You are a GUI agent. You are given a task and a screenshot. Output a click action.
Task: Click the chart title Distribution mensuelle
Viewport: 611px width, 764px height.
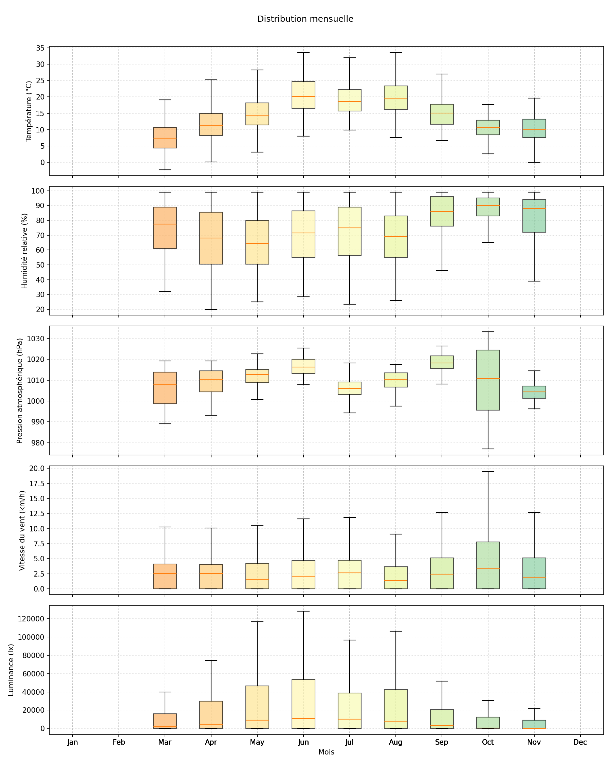[305, 19]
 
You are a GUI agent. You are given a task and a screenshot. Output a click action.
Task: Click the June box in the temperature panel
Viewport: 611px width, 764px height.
[303, 95]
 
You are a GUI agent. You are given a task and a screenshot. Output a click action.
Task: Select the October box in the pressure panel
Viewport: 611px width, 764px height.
[488, 380]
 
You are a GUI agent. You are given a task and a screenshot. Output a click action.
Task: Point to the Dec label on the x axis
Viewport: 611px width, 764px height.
[580, 742]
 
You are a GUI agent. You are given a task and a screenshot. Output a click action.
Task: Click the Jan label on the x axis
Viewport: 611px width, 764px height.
[73, 742]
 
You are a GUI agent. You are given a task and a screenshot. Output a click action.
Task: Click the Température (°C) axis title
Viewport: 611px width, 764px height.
[29, 111]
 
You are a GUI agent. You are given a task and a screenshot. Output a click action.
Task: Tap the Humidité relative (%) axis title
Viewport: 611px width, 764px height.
[24, 251]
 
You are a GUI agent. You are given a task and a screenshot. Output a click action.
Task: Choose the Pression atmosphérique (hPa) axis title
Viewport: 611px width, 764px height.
[20, 390]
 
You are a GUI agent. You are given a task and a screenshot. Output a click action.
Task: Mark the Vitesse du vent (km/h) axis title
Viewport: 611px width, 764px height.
[22, 530]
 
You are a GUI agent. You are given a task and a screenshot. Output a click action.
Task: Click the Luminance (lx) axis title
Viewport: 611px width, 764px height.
[11, 670]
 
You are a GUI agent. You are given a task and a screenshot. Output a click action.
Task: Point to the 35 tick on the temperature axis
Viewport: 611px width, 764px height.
[40, 48]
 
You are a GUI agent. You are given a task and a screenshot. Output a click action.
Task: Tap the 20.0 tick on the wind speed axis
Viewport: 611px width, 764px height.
[37, 469]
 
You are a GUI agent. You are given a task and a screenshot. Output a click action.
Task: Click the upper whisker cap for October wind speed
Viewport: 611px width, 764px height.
[488, 472]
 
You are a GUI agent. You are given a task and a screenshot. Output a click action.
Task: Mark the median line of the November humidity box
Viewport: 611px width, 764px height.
[534, 208]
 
